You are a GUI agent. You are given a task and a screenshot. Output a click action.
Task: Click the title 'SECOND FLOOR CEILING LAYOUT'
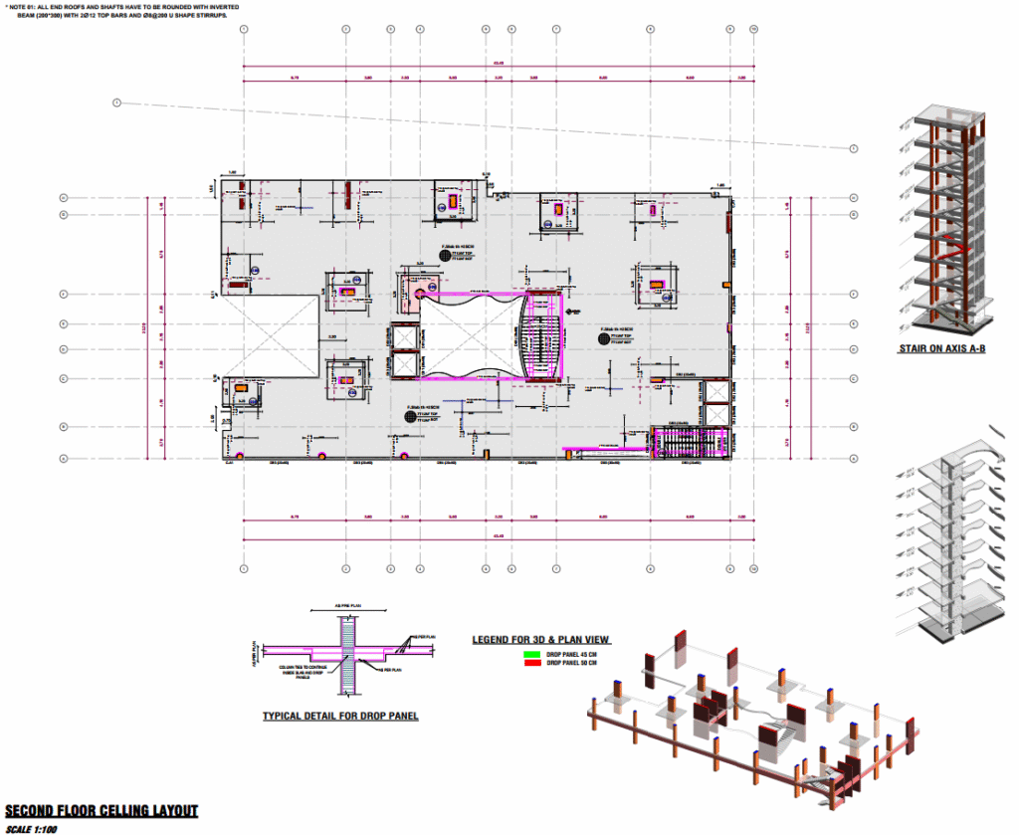point(101,811)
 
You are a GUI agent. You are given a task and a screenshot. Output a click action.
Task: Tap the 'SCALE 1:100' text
point(33,829)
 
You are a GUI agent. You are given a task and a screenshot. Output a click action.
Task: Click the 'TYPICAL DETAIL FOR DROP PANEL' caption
point(340,716)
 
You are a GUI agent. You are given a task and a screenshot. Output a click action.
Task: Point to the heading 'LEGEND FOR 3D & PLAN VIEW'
point(540,639)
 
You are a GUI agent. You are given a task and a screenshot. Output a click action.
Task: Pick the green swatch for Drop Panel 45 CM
point(530,654)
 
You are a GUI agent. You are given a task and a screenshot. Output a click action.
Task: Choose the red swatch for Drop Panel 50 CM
point(530,662)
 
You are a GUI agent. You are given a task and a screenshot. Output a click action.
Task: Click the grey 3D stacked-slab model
point(951,537)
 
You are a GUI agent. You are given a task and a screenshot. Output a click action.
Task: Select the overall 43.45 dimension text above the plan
point(498,66)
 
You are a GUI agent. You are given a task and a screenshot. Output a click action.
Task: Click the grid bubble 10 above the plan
point(753,29)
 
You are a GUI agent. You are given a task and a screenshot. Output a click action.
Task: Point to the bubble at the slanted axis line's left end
point(116,103)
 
